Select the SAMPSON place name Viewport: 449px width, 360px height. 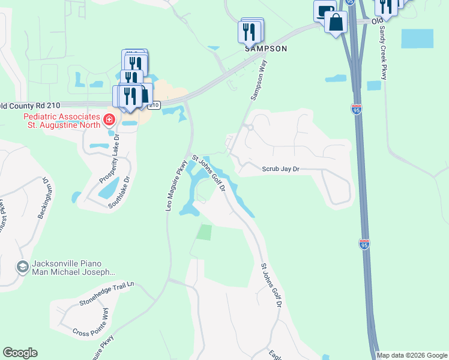(x=265, y=49)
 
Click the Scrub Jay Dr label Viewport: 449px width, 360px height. (x=280, y=169)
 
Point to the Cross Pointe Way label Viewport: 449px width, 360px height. (x=91, y=323)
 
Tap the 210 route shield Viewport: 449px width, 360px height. (x=154, y=106)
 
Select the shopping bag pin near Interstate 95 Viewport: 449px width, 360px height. (x=336, y=23)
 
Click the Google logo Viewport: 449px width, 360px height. (x=20, y=353)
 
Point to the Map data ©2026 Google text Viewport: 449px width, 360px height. (x=412, y=355)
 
